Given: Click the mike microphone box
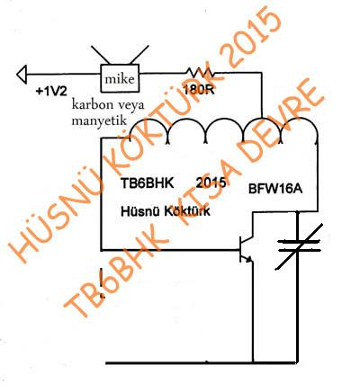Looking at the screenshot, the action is click(x=120, y=78).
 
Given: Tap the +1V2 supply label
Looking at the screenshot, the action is click(x=51, y=91).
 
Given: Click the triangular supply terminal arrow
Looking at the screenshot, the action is click(x=22, y=74).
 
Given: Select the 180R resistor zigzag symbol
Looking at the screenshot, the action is click(x=200, y=72).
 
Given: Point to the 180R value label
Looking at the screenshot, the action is click(x=198, y=90).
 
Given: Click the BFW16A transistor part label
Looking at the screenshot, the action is click(x=275, y=189).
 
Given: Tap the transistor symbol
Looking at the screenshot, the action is click(x=246, y=249).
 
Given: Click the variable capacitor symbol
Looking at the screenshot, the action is click(x=299, y=246).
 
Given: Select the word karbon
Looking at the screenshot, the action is click(x=92, y=105).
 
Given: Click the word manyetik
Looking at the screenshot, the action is click(x=99, y=120).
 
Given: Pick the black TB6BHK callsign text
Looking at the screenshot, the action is click(x=147, y=183).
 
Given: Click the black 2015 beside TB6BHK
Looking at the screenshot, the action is click(x=211, y=183).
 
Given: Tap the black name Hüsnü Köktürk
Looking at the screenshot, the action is click(x=166, y=211).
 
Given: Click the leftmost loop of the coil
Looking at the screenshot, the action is click(x=148, y=120).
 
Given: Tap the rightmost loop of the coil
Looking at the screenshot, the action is click(x=299, y=120).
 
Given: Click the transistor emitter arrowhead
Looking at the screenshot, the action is click(x=248, y=260).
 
